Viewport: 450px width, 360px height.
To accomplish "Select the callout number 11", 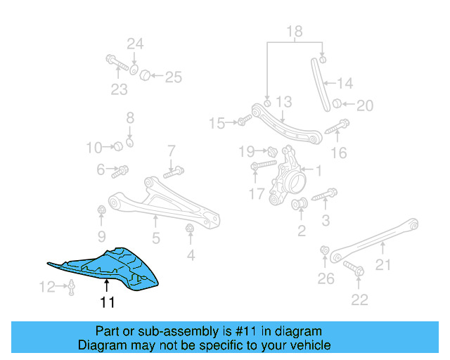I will (107, 304).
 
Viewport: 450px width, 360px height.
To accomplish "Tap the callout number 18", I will (294, 31).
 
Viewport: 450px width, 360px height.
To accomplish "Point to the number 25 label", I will (173, 77).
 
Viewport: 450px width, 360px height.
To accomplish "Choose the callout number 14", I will (345, 84).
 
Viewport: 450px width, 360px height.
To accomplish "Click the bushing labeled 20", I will (337, 104).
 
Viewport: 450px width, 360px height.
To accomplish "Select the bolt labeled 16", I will (338, 127).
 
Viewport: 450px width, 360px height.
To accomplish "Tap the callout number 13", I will (283, 103).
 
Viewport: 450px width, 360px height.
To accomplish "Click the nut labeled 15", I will (241, 122).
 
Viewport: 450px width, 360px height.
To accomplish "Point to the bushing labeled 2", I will (297, 205).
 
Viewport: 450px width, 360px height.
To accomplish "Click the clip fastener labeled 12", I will (72, 285).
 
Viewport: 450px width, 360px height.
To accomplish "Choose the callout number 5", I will (155, 238).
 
